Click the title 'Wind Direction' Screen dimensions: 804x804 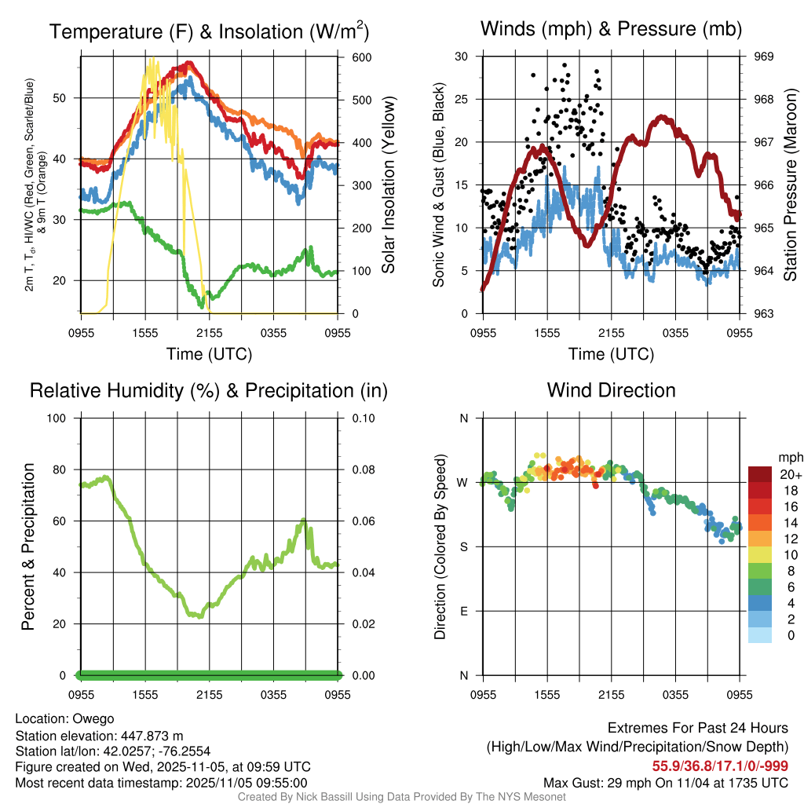(x=611, y=390)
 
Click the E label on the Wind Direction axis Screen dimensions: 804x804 (x=464, y=611)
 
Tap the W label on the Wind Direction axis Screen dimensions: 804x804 (x=463, y=483)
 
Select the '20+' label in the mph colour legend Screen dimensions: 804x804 (x=790, y=475)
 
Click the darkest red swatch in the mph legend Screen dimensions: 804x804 (x=760, y=474)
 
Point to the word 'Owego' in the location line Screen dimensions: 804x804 (x=93, y=718)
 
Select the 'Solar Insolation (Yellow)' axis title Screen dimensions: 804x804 (x=388, y=185)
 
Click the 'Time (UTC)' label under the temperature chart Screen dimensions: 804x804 (x=209, y=354)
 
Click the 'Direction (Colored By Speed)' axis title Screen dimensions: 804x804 (x=440, y=546)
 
